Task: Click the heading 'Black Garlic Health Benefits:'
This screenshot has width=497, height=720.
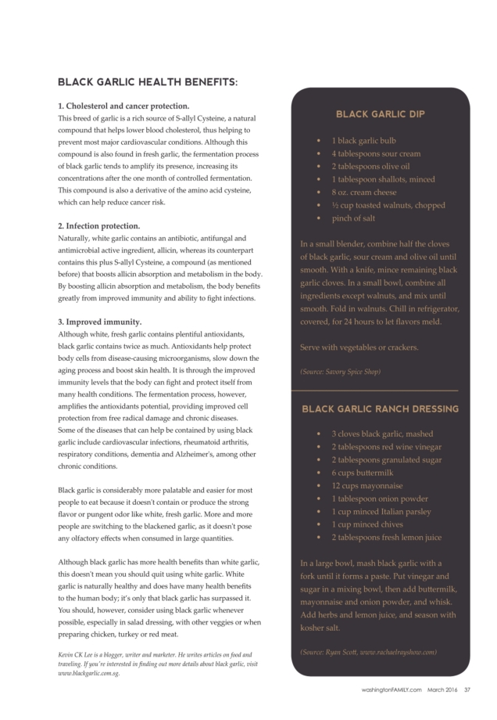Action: [x=148, y=81]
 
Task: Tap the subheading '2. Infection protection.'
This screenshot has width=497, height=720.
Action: [x=100, y=226]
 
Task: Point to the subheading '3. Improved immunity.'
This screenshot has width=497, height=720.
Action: [x=100, y=322]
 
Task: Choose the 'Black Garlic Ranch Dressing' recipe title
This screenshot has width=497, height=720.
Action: [x=381, y=409]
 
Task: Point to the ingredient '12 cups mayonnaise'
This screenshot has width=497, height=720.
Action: [x=367, y=485]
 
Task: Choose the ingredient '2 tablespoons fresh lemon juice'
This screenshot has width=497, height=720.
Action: [x=386, y=537]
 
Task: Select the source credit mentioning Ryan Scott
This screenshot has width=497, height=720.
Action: [x=368, y=651]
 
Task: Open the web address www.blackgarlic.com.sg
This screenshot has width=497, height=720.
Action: [x=88, y=673]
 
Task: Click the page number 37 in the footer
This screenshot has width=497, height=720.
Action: [x=467, y=689]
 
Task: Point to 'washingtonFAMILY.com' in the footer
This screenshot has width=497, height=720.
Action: [x=392, y=689]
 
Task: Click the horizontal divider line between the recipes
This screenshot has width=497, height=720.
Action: [x=380, y=389]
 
